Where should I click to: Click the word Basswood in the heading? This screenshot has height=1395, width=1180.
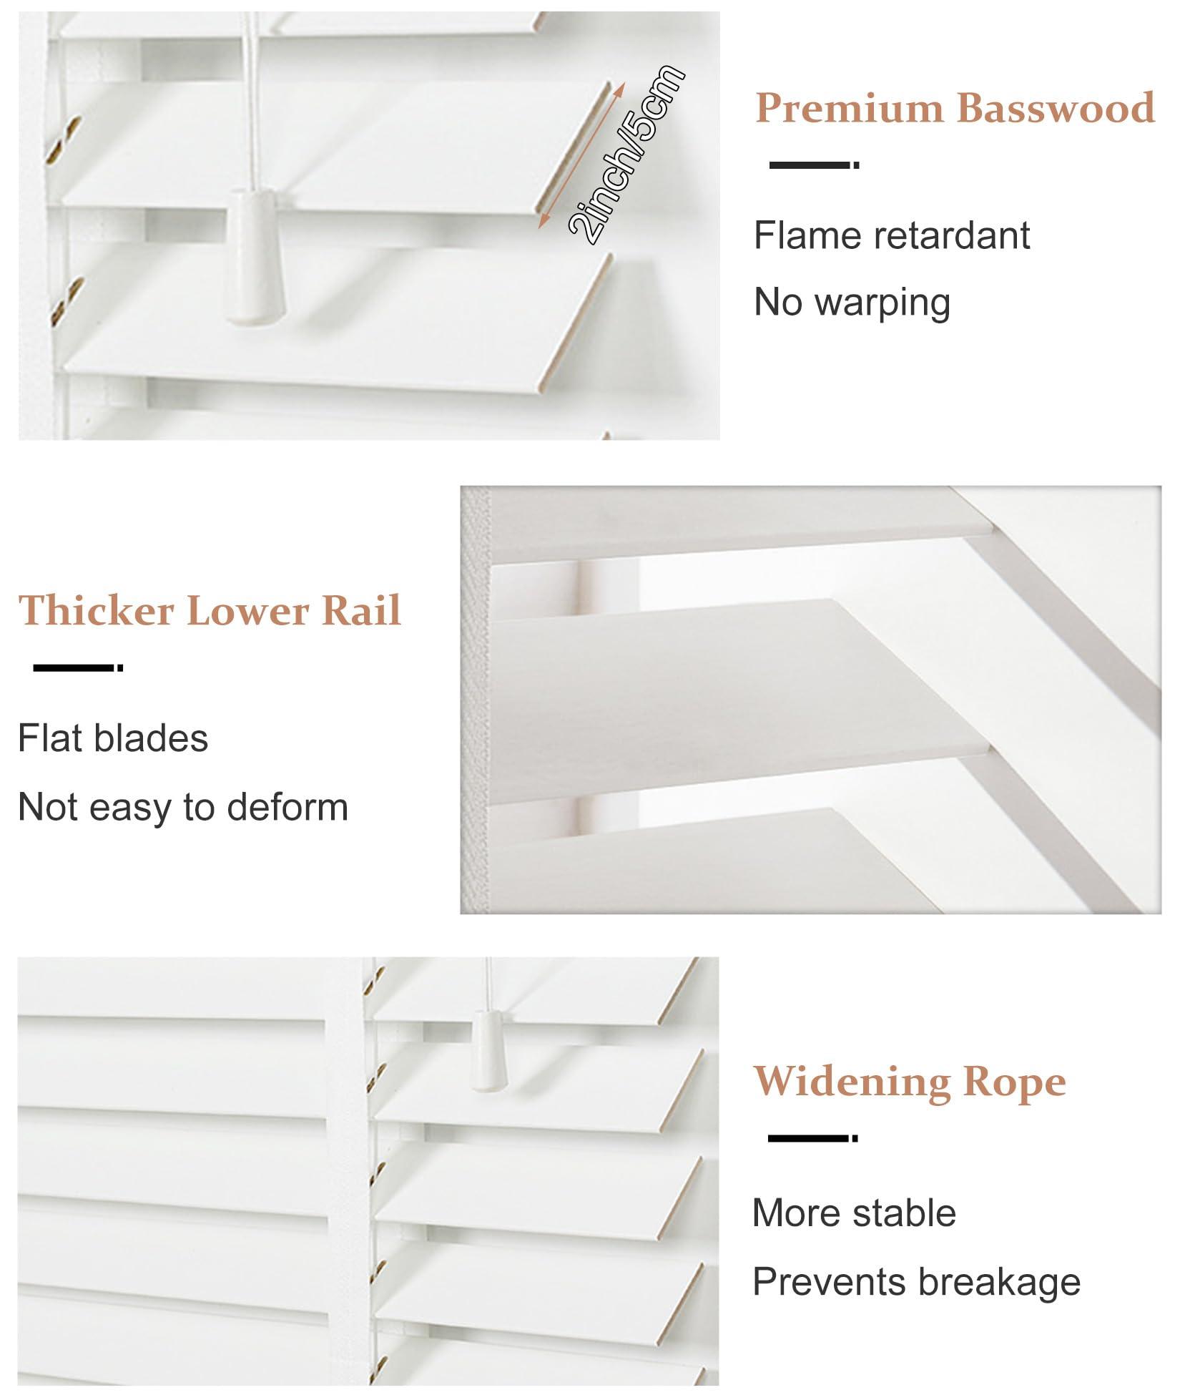1056,108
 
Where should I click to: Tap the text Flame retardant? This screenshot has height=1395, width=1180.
892,235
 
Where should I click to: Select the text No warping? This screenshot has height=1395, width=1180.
852,302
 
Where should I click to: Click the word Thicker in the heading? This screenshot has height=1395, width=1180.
96,610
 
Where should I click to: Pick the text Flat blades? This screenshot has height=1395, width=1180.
113,738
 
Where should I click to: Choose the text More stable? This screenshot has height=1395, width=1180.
854,1213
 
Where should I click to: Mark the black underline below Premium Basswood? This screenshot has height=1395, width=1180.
814,165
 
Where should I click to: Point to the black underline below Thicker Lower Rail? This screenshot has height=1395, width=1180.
78,667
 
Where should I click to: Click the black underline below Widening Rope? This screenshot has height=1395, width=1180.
812,1137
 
